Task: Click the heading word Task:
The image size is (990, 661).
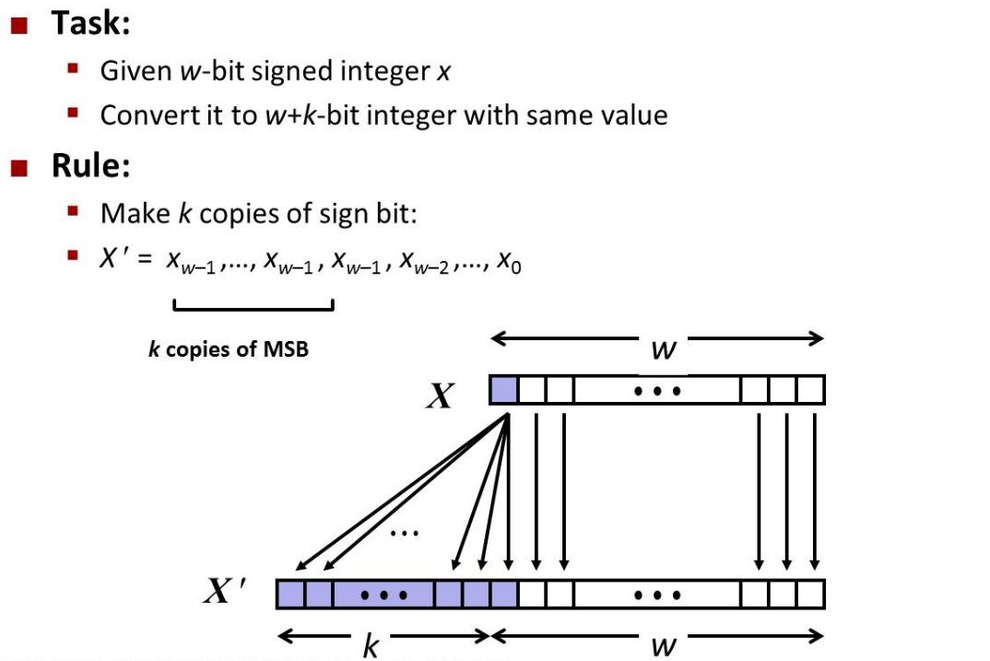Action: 90,23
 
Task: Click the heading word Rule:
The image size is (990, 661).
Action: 90,166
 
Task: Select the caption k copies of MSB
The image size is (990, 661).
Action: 229,349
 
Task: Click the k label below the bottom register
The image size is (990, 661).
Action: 370,645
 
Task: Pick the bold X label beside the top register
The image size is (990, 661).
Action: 441,395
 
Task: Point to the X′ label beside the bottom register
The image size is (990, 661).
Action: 225,591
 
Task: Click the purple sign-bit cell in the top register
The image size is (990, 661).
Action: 504,390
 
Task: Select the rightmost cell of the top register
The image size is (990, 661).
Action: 810,390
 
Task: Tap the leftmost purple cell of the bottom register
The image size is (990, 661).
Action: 290,595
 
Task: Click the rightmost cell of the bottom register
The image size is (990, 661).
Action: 810,595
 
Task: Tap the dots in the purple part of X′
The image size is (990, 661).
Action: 384,596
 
